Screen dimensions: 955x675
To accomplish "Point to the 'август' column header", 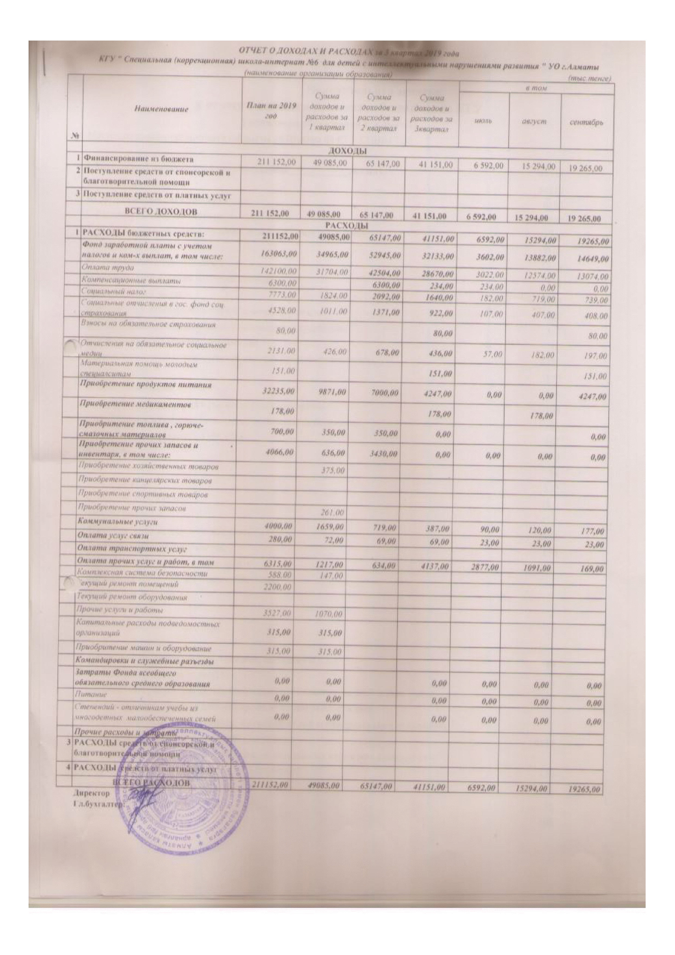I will tap(535, 122).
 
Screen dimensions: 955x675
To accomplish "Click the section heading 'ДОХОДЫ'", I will tap(348, 150).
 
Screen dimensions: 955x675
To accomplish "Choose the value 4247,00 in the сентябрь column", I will tap(591, 396).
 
